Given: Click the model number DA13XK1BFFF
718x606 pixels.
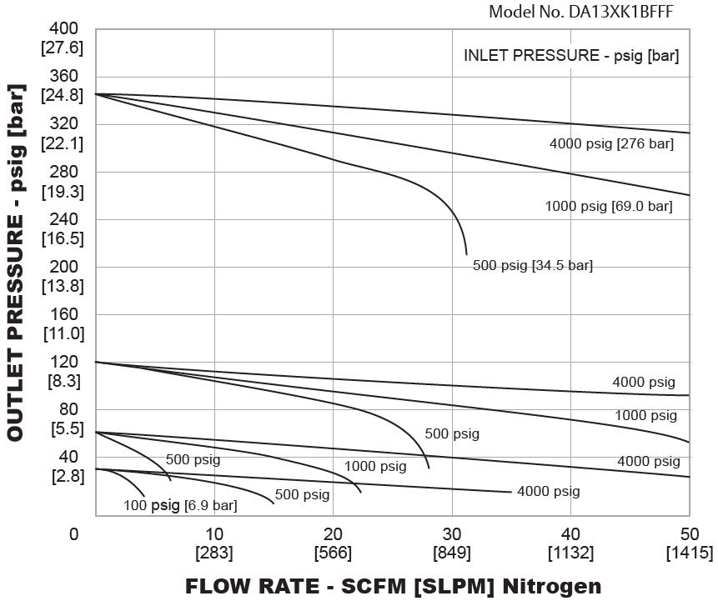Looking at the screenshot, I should pyautogui.click(x=580, y=12).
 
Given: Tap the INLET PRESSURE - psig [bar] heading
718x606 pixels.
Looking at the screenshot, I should pyautogui.click(x=571, y=57).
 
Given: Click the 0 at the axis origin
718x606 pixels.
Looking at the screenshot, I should pyautogui.click(x=75, y=534).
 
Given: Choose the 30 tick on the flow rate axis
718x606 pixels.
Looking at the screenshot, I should pyautogui.click(x=451, y=534).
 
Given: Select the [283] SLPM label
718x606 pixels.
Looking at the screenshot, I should pyautogui.click(x=214, y=553).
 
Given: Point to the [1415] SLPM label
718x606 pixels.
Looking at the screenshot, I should pyautogui.click(x=690, y=553).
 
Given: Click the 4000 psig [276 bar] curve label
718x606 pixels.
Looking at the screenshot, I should pyautogui.click(x=611, y=144).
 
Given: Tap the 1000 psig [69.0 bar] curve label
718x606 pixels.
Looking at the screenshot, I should pyautogui.click(x=608, y=206).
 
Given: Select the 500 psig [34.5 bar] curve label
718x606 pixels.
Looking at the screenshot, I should pyautogui.click(x=533, y=266).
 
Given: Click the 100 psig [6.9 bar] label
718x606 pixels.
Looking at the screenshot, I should pyautogui.click(x=180, y=505).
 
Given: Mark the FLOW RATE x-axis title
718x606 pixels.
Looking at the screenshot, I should pyautogui.click(x=393, y=586).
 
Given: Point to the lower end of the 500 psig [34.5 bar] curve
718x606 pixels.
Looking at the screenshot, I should pyautogui.click(x=466, y=253).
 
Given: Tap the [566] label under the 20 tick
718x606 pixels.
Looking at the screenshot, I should pyautogui.click(x=333, y=553).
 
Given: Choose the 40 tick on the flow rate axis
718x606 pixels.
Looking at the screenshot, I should pyautogui.click(x=570, y=534).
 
